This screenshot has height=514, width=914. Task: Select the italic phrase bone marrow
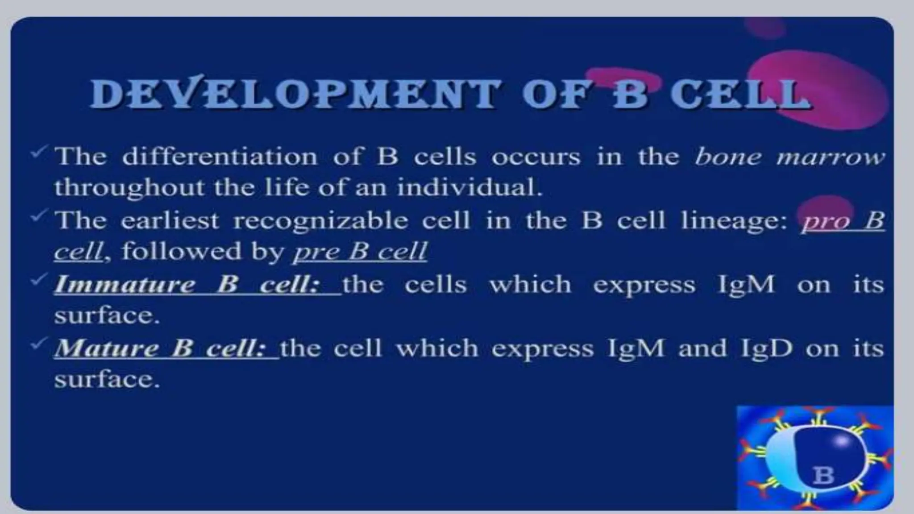tap(789, 157)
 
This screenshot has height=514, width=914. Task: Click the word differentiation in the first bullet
tap(220, 157)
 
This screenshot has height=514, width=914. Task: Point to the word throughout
tap(129, 187)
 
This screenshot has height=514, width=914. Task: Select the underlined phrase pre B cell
tap(360, 252)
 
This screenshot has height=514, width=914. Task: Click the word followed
tap(181, 252)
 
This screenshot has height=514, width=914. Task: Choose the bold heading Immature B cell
tap(187, 285)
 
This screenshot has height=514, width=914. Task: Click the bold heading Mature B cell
tap(161, 348)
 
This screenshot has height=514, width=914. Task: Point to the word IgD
tap(767, 348)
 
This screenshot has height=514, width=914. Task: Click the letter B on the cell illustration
tap(823, 475)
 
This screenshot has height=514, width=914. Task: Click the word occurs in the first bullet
tap(536, 157)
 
